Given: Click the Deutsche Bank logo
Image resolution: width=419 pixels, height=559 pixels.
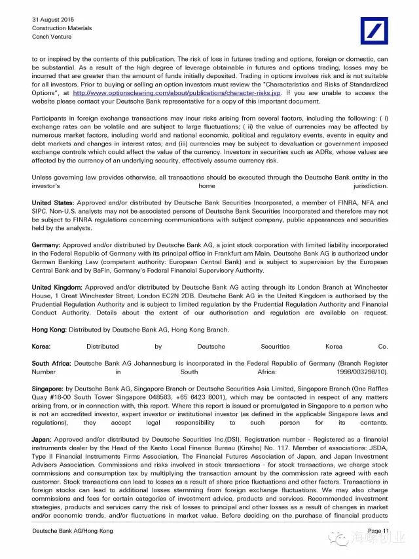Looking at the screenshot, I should click(374, 31).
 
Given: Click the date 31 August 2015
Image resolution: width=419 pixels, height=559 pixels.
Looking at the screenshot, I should click(54, 20).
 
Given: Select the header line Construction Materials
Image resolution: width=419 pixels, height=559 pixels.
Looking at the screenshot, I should click(62, 28).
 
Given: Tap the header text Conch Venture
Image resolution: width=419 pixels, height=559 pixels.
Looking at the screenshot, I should click(52, 37).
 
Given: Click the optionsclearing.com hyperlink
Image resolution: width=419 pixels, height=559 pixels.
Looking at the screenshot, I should click(177, 93).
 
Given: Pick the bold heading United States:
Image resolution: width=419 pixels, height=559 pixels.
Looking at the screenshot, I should click(53, 203).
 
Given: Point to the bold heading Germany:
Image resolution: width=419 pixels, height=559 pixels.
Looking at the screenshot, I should click(46, 245).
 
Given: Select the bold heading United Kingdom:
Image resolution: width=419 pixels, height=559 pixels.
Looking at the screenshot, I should click(57, 287).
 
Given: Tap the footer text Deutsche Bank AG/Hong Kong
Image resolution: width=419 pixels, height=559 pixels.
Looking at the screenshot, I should click(72, 531).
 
